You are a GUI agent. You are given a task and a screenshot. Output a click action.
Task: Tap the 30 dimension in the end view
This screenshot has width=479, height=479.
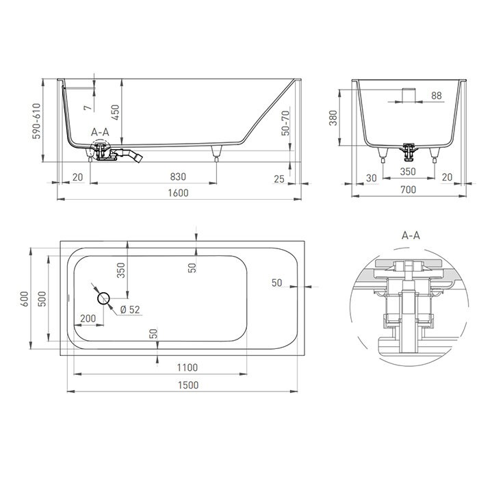(x=370, y=177)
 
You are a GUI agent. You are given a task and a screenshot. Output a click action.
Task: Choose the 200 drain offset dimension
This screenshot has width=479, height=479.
(x=88, y=318)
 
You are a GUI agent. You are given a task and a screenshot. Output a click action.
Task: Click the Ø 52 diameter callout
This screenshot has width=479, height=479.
(x=130, y=310)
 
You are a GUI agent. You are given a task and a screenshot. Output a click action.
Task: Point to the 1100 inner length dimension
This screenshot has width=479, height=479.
(x=187, y=367)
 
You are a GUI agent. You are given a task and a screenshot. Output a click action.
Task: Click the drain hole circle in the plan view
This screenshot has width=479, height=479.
(x=104, y=298)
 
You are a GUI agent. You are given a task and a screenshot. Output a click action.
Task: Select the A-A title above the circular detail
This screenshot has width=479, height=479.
(x=410, y=235)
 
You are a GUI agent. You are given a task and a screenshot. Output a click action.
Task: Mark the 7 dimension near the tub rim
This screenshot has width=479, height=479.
(x=87, y=107)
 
